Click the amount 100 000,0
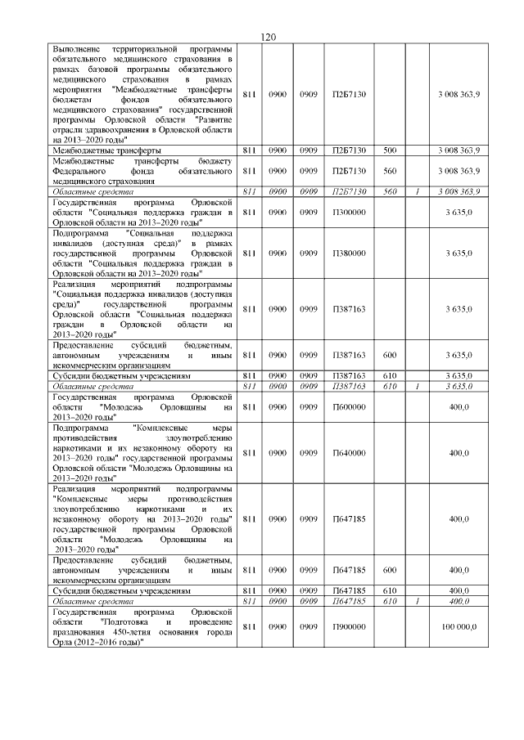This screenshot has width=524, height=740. coord(460,626)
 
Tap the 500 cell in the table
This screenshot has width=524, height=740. coord(390,150)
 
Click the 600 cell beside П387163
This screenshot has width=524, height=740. coord(390,354)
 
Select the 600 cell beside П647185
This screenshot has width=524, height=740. coord(390,569)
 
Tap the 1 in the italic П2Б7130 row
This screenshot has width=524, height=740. coord(417,191)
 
